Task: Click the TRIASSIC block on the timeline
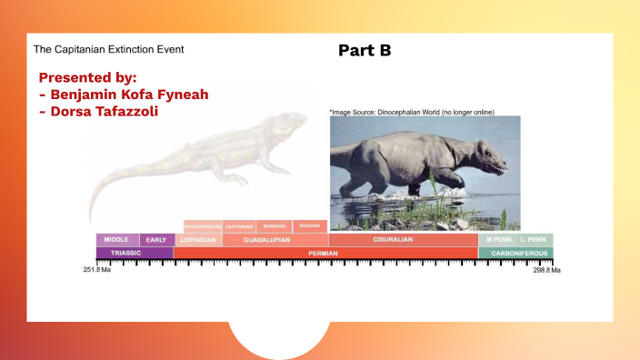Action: (135, 253)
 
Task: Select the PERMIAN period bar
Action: (325, 253)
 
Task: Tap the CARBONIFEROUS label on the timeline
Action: (515, 253)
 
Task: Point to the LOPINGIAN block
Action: (197, 240)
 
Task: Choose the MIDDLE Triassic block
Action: (117, 240)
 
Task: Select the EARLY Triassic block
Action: (156, 240)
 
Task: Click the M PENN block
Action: (498, 240)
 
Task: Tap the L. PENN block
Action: (535, 240)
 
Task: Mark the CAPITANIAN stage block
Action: (239, 225)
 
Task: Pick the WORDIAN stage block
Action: (274, 225)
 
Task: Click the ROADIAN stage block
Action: (310, 225)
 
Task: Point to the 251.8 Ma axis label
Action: (96, 270)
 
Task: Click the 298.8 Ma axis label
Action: (547, 270)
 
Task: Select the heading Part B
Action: (365, 50)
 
